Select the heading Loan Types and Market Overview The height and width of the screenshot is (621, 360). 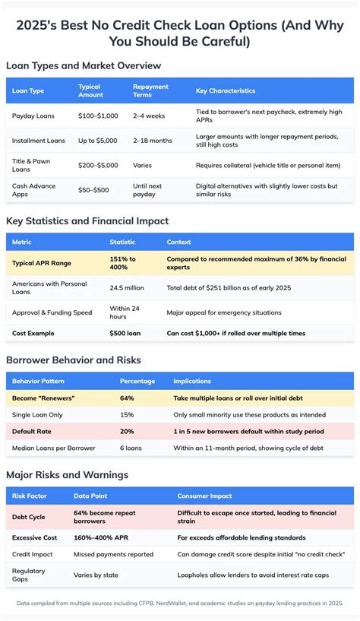(84, 65)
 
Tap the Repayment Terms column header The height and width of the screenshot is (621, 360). (150, 90)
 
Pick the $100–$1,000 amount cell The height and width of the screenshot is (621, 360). (99, 116)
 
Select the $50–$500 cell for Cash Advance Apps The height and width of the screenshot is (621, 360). (94, 189)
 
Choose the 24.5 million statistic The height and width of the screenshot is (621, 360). (128, 287)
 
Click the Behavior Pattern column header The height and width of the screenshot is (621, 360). (40, 381)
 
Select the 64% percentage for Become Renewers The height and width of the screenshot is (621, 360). (127, 398)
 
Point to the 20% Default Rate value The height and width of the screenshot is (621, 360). (127, 431)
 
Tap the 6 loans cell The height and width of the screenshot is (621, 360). (131, 448)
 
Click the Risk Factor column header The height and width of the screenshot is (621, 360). (30, 496)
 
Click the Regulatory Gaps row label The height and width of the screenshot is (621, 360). (29, 575)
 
